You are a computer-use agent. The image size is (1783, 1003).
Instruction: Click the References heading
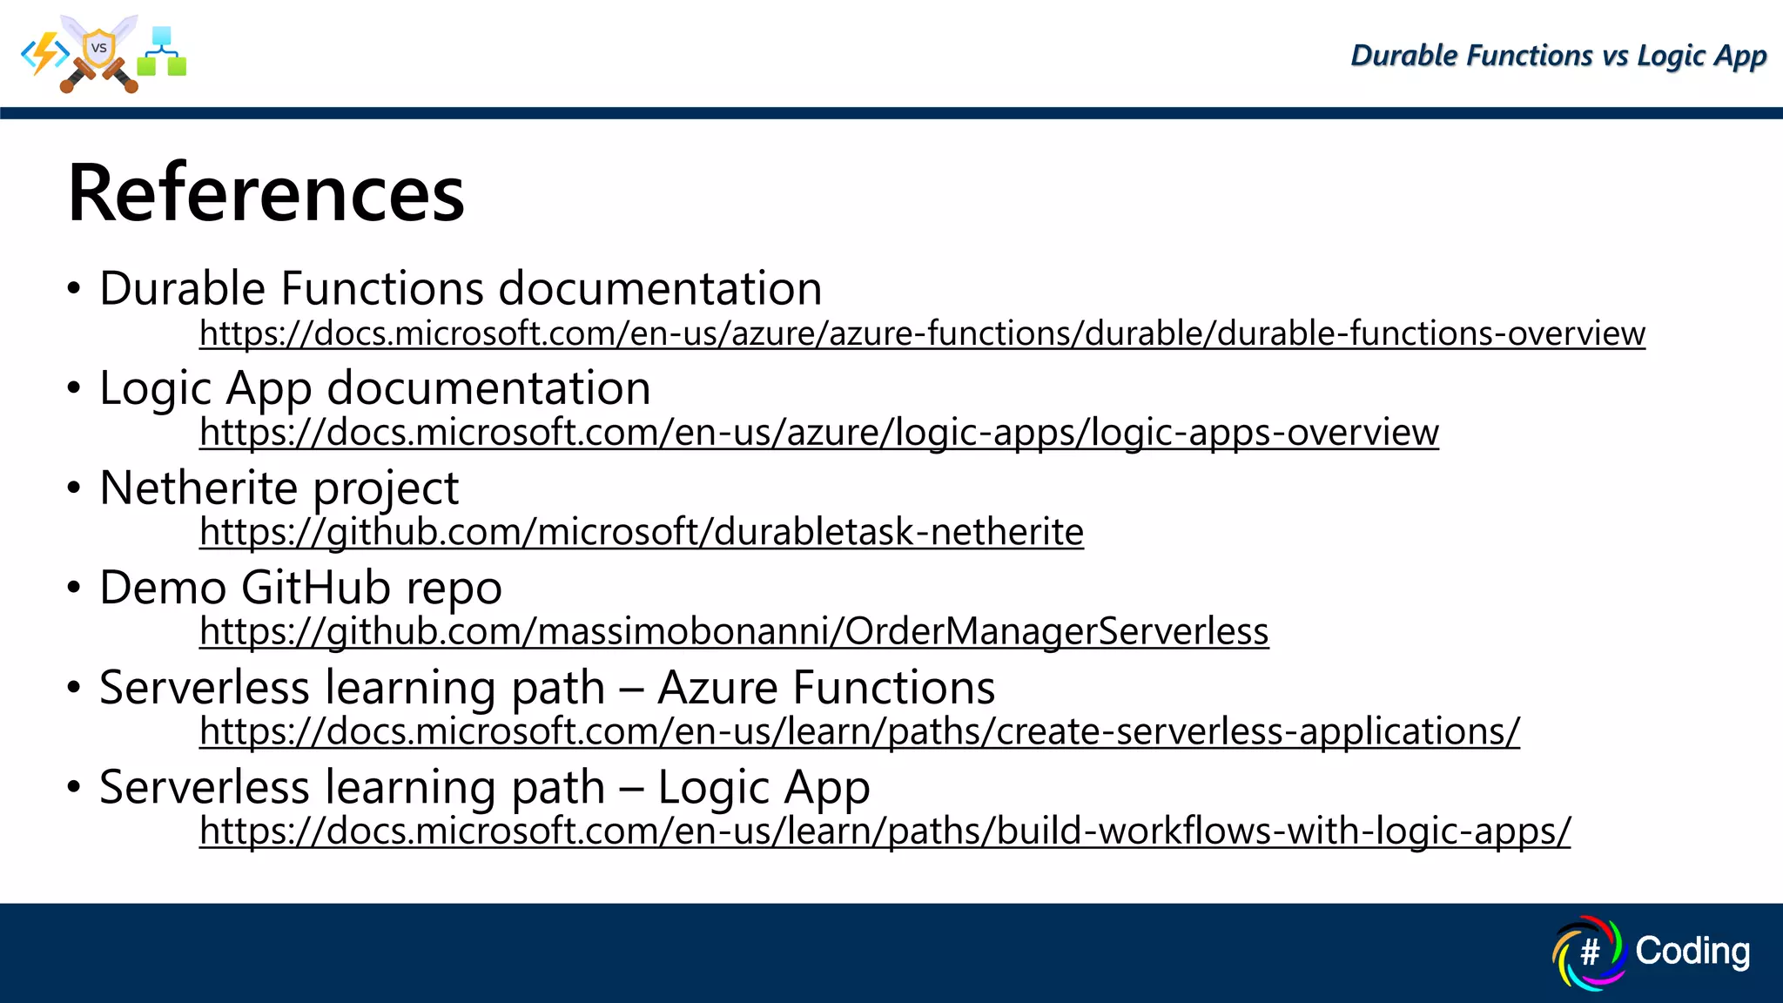[266, 193]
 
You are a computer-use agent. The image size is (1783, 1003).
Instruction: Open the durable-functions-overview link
[921, 333]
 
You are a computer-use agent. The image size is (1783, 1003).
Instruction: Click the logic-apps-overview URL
[818, 433]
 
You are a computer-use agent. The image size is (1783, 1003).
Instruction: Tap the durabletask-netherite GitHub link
[641, 532]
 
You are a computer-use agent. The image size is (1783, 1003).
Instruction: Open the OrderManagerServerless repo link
[733, 631]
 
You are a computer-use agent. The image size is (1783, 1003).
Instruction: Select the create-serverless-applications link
[858, 731]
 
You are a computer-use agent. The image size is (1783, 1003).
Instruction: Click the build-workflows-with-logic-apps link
[884, 831]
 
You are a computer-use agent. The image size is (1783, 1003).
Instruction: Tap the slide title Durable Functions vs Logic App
[1558, 56]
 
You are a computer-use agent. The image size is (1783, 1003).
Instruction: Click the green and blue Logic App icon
[162, 52]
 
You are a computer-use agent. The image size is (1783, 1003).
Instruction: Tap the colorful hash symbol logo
[1589, 953]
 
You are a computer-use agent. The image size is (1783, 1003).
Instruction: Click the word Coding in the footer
[1692, 951]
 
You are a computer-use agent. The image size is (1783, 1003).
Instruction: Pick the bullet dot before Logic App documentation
[74, 388]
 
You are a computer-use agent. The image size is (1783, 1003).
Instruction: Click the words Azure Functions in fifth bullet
[825, 688]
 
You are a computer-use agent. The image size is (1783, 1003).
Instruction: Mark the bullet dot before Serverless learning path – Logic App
[74, 787]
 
